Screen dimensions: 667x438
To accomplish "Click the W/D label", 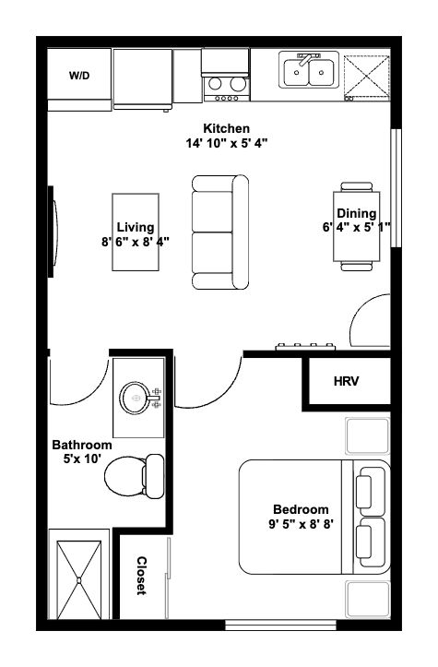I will pos(78,76).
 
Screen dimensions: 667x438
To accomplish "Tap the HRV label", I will pos(346,380).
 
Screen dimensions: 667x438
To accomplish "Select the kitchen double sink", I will pos(309,71).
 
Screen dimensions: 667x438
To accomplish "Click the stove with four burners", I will pos(225,76).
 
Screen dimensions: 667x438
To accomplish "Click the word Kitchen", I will pos(227,128).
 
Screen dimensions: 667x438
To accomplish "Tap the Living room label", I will pos(136,227).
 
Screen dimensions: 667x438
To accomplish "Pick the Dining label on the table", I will pos(356,214).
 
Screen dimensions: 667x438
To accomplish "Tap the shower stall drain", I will pos(79,579).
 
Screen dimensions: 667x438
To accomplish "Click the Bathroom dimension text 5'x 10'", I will pos(81,460).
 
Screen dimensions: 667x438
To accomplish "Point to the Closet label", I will pos(142,577).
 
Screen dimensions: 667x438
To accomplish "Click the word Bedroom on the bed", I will pos(301,510).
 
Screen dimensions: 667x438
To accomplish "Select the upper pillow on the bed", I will pos(372,488).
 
